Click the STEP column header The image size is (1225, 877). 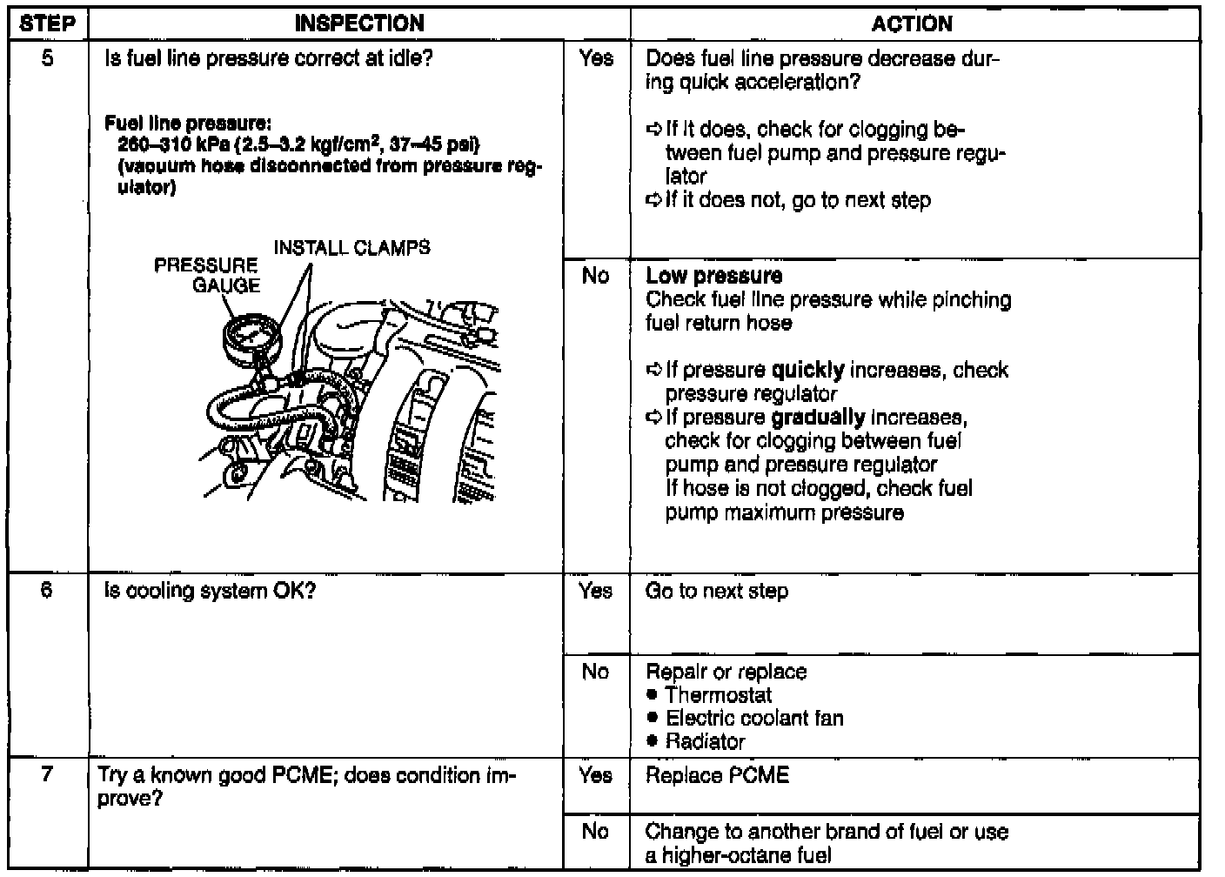[47, 23]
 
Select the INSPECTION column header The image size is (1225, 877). [359, 23]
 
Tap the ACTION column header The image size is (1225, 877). [912, 23]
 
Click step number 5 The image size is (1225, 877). [47, 59]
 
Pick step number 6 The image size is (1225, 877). [47, 591]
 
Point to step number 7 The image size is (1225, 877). [47, 775]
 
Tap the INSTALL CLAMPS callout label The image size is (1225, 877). [351, 248]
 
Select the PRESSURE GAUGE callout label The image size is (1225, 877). [207, 275]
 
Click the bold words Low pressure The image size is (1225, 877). [713, 276]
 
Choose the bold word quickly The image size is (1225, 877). [807, 370]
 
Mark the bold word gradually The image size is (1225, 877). [818, 417]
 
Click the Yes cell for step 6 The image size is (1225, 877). [596, 592]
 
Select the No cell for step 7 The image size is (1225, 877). [596, 832]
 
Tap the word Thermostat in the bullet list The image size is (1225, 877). [718, 695]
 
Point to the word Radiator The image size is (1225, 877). [705, 742]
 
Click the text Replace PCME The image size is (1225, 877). [717, 775]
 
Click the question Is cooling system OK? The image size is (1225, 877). [210, 591]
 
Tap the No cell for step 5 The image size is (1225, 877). [596, 276]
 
